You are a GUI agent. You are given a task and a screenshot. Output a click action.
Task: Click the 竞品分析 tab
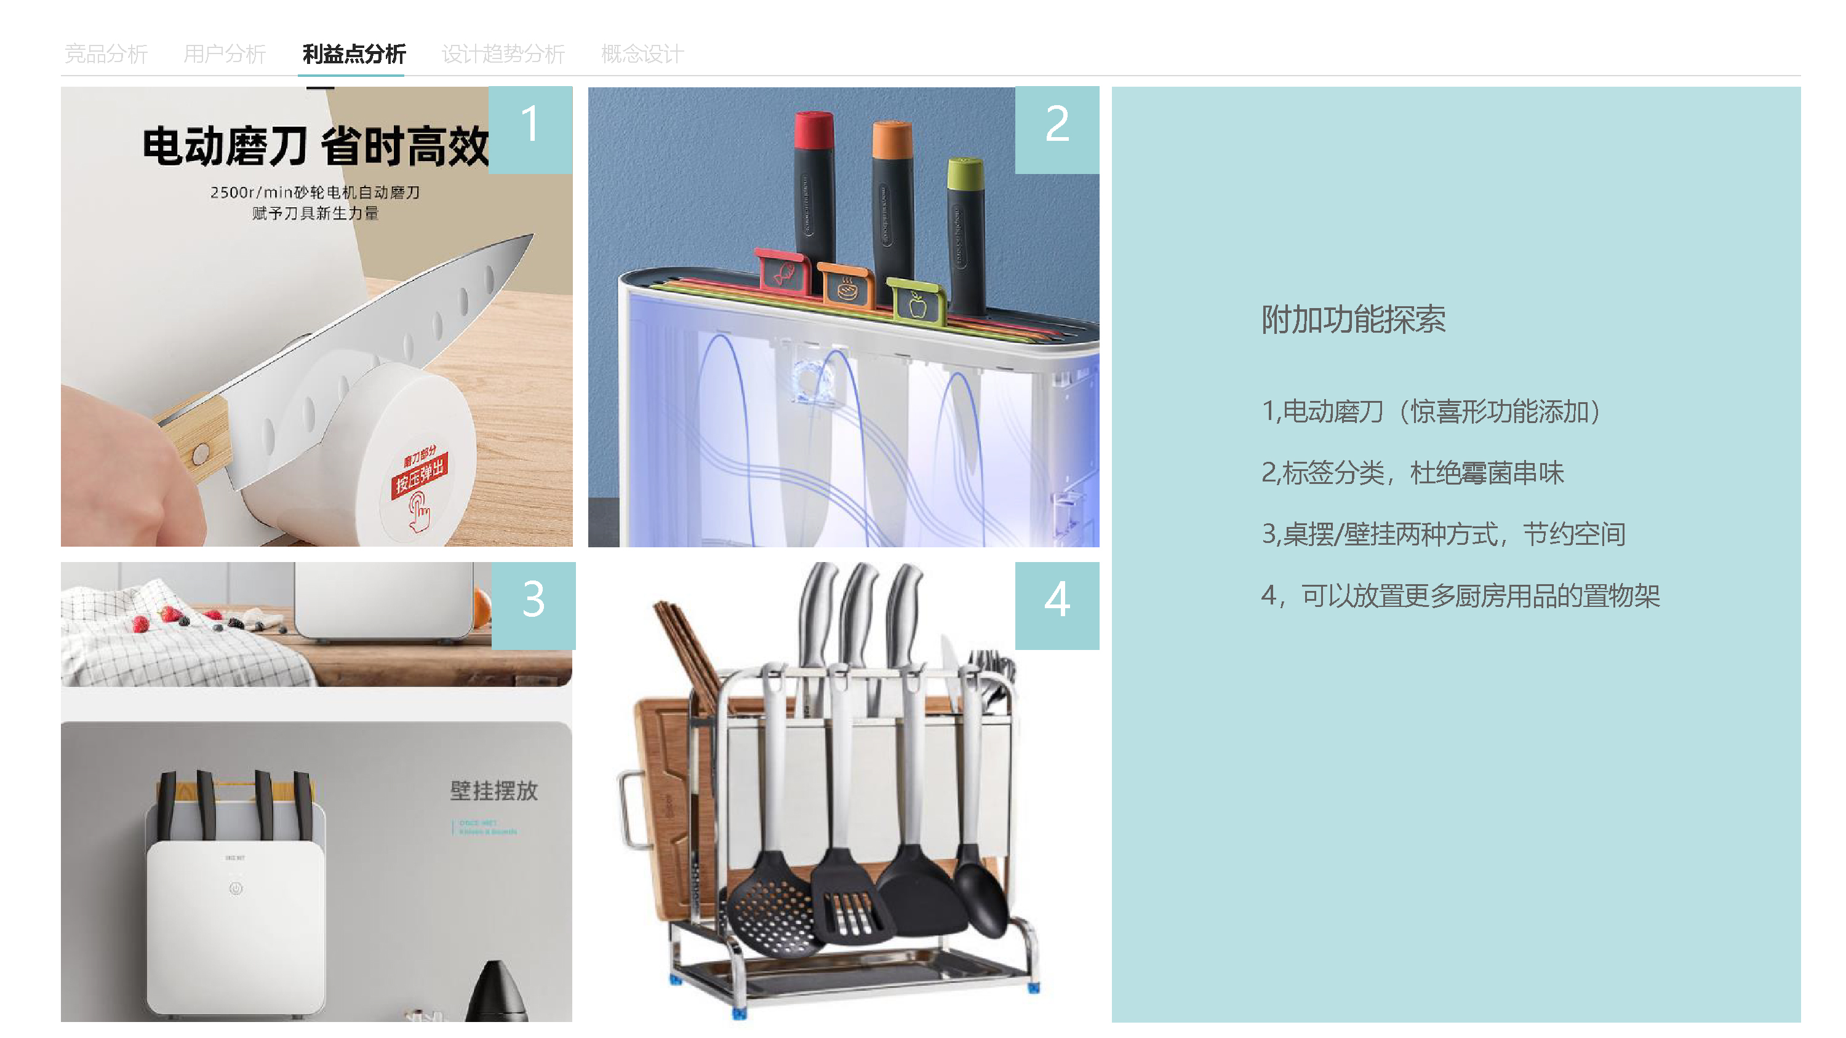[x=105, y=53]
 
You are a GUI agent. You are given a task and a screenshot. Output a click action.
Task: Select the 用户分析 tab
[x=225, y=53]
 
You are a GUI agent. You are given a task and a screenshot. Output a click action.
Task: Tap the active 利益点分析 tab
[x=353, y=53]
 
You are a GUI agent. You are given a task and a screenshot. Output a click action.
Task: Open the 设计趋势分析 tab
[x=503, y=53]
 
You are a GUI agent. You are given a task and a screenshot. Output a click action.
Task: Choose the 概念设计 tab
[x=642, y=53]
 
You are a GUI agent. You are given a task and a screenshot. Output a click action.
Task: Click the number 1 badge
[x=530, y=129]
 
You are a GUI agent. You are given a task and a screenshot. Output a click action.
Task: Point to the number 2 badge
[x=1057, y=129]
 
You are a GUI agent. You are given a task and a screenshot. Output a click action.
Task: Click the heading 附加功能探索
[x=1353, y=319]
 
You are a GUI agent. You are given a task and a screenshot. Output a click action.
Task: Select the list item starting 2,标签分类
[x=1412, y=473]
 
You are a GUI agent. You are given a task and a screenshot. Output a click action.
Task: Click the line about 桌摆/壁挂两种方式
[x=1442, y=534]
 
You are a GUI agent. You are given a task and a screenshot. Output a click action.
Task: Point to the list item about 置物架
[x=1460, y=595]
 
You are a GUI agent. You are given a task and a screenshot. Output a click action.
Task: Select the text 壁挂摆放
[x=493, y=790]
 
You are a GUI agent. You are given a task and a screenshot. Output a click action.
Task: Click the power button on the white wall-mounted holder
[x=236, y=889]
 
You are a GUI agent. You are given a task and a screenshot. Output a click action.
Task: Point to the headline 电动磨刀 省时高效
[x=315, y=146]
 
